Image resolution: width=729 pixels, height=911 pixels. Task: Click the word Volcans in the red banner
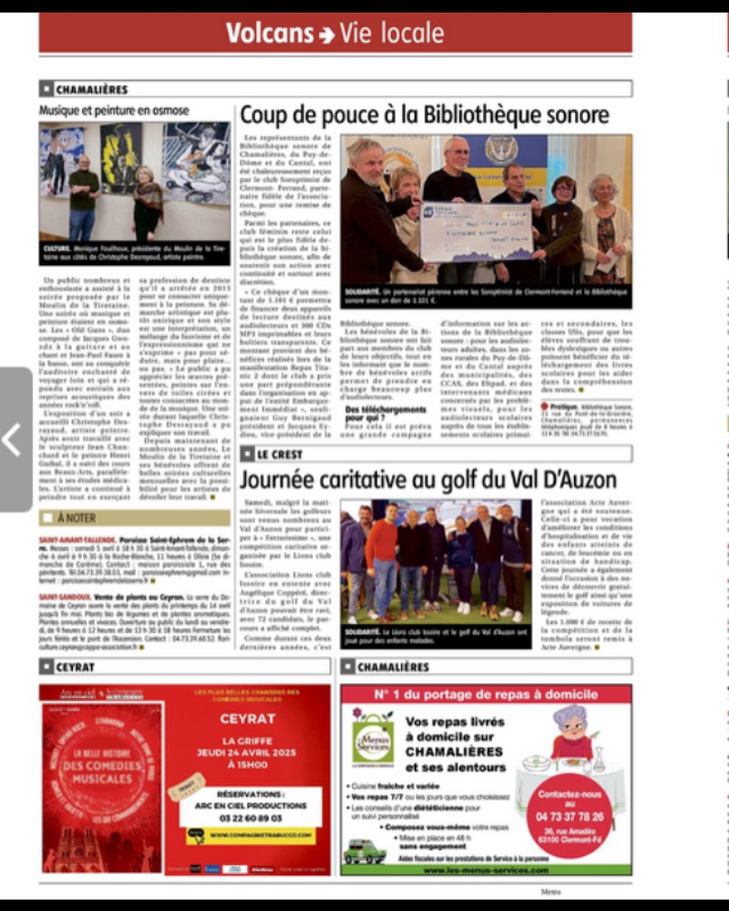tap(269, 34)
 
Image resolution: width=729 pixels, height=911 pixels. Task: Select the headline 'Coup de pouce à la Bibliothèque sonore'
tap(424, 115)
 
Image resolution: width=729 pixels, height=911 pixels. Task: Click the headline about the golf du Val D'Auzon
tap(427, 479)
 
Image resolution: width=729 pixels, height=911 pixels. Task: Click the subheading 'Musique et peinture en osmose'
tap(114, 110)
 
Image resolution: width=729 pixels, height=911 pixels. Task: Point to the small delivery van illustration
tap(364, 851)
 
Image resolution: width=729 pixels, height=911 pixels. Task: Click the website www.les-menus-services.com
tap(486, 870)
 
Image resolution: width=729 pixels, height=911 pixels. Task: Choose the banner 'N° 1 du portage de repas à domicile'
tap(486, 697)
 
